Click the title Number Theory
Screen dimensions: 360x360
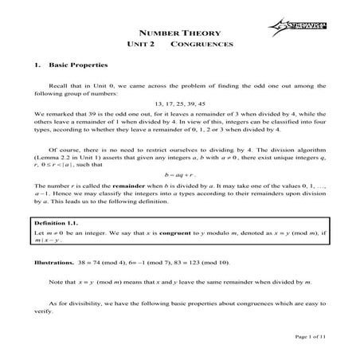tap(179, 33)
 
